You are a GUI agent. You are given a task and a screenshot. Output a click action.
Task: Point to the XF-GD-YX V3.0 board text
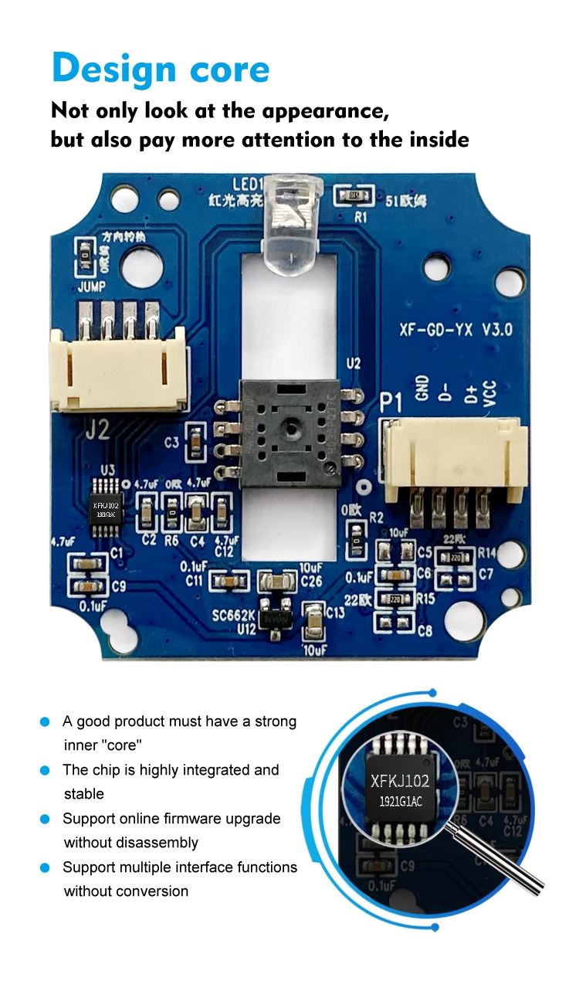[x=455, y=330]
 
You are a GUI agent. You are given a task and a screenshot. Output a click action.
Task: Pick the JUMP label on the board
[x=92, y=285]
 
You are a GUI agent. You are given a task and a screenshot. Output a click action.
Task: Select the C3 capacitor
[x=198, y=443]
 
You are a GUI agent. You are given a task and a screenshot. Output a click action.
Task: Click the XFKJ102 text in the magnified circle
[x=399, y=781]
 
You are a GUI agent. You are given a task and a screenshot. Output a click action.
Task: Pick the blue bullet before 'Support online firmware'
[x=46, y=819]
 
